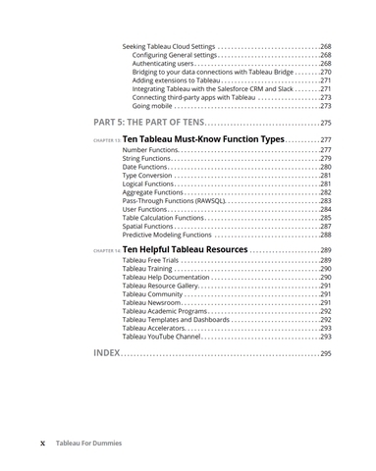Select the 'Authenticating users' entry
point(168,64)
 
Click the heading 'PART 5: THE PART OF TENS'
point(149,122)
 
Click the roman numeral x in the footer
point(42,443)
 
